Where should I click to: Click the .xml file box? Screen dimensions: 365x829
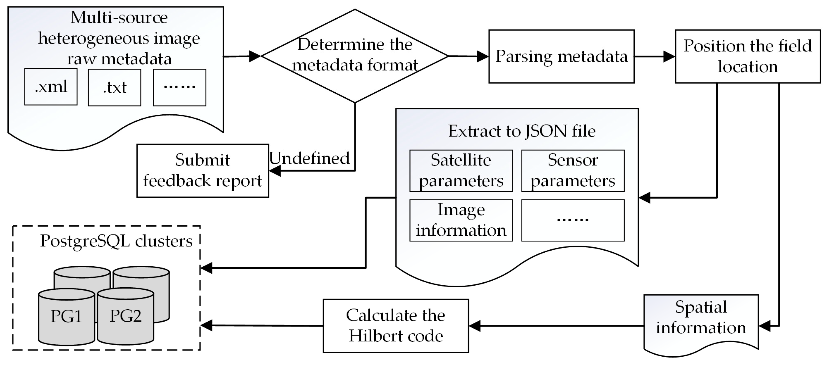pyautogui.click(x=51, y=86)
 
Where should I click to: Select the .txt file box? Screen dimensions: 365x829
pyautogui.click(x=115, y=87)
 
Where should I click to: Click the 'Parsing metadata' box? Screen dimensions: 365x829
pyautogui.click(x=561, y=57)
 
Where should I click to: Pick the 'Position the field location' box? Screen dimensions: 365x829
pyautogui.click(x=748, y=57)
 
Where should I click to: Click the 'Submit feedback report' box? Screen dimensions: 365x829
pyautogui.click(x=202, y=170)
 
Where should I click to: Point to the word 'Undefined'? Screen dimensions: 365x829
pyautogui.click(x=309, y=158)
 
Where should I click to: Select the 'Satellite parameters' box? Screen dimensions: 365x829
pyautogui.click(x=461, y=171)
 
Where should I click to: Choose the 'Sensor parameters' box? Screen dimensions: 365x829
pyautogui.click(x=572, y=171)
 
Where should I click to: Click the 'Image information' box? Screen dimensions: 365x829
pyautogui.click(x=461, y=220)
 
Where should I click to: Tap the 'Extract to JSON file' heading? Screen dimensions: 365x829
pyautogui.click(x=521, y=131)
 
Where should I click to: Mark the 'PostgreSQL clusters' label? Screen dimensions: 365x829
pyautogui.click(x=116, y=241)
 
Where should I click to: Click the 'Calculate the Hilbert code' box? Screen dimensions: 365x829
pyautogui.click(x=395, y=326)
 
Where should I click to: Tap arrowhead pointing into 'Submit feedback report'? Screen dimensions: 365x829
pyautogui.click(x=275, y=171)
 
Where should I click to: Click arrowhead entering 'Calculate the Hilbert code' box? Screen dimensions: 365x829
pyautogui.click(x=474, y=326)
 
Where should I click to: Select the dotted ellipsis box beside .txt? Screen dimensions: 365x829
pyautogui.click(x=180, y=87)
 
